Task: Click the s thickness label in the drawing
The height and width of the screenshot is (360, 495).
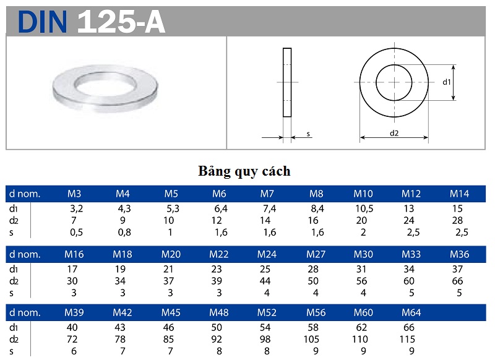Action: (308, 133)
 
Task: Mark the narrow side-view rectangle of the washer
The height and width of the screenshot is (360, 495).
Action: (287, 82)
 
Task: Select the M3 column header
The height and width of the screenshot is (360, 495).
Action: (74, 194)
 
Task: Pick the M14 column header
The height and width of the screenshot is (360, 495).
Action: (459, 194)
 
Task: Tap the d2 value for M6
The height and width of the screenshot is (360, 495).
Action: (217, 221)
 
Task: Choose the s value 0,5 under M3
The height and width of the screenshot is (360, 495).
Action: (76, 233)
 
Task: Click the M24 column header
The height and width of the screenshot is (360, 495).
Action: (267, 254)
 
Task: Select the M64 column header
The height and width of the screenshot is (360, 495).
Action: (411, 312)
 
